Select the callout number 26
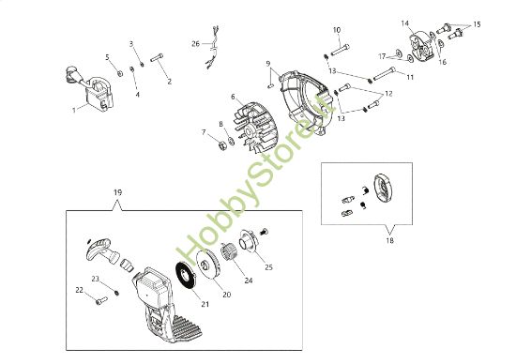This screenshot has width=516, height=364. click(195, 43)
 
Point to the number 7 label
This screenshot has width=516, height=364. click(203, 132)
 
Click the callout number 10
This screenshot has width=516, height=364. click(337, 30)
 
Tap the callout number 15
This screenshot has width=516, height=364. click(477, 23)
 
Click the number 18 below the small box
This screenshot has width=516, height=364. click(389, 240)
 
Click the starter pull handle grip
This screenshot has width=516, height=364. click(100, 247)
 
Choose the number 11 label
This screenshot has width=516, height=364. click(410, 75)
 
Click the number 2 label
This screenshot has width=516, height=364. click(170, 82)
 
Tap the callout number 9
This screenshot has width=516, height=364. click(268, 65)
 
